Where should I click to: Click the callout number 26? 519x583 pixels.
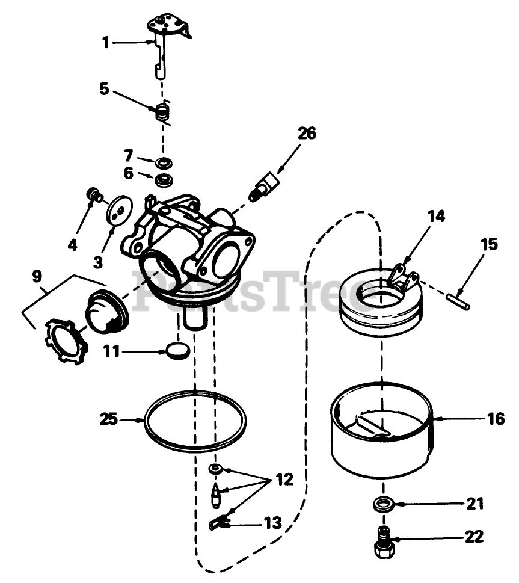pyautogui.click(x=306, y=133)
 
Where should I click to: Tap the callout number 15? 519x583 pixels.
pyautogui.click(x=489, y=244)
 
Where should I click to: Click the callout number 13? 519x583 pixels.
pyautogui.click(x=272, y=523)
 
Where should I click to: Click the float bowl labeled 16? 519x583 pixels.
pyautogui.click(x=382, y=433)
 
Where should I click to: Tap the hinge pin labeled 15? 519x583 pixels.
pyautogui.click(x=458, y=299)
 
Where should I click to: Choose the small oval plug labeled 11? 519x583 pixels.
pyautogui.click(x=177, y=350)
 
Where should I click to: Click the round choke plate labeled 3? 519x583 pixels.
pyautogui.click(x=116, y=212)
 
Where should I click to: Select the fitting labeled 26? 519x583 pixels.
pyautogui.click(x=263, y=187)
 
